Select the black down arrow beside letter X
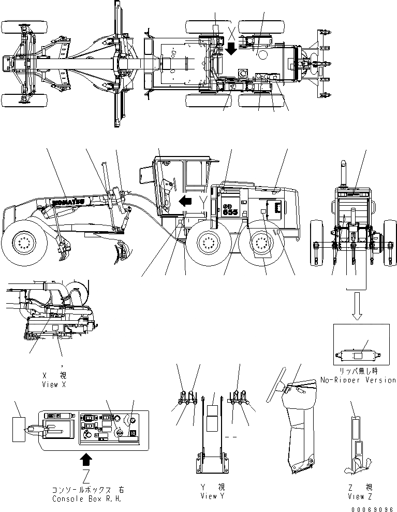[231, 49]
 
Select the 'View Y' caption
[213, 496]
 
